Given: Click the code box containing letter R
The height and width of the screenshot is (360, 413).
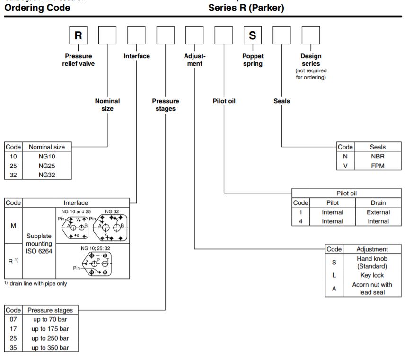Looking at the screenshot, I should point(78,35).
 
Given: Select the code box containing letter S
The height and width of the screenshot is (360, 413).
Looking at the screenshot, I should point(253,35).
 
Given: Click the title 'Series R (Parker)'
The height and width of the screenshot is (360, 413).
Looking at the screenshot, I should point(246,8).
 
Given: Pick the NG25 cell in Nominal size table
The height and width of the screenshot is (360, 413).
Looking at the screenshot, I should point(47,166).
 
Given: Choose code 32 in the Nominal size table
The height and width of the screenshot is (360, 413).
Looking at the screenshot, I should point(13,175).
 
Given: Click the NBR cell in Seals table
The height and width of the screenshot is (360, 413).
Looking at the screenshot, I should point(378,156).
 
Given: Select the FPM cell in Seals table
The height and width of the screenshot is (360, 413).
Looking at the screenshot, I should point(378,166).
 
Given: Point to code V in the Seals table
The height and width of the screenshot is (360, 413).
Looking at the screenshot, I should point(345,166).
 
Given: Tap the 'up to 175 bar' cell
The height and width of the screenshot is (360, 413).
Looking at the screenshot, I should point(50,329).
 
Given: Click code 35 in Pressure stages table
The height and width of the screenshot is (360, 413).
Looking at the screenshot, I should point(13,348).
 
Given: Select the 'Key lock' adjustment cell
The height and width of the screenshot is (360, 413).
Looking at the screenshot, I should point(372,275).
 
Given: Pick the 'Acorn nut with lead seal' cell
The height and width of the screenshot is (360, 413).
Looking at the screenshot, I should point(372,289).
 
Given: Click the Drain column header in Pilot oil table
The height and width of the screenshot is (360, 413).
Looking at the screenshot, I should point(378,202).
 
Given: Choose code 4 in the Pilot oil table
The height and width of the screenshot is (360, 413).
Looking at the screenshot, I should point(301,221).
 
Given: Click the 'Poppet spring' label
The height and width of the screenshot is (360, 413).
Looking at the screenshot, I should point(253,60).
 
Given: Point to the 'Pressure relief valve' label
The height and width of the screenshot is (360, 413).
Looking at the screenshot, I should point(79,60).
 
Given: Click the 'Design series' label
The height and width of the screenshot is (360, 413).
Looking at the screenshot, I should point(311,60).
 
